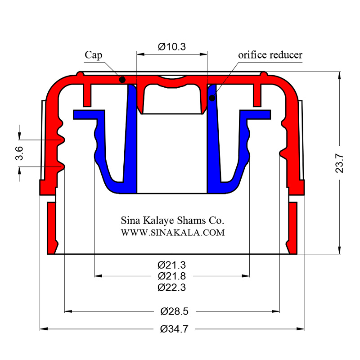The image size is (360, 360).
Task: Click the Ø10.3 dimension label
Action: coord(172,47)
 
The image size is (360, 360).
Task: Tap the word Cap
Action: coord(93,55)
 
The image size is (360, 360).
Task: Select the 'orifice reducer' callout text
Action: coord(270,55)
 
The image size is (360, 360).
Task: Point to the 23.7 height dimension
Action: coord(339,163)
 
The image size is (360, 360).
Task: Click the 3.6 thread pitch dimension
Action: coord(19,153)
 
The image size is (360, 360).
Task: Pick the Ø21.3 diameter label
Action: coord(171,265)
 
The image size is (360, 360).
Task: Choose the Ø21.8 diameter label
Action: coord(171,276)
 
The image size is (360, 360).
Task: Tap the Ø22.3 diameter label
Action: coord(171,287)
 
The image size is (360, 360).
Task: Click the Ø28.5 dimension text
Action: coord(174,311)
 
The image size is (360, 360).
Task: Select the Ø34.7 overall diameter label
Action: coord(174,329)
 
